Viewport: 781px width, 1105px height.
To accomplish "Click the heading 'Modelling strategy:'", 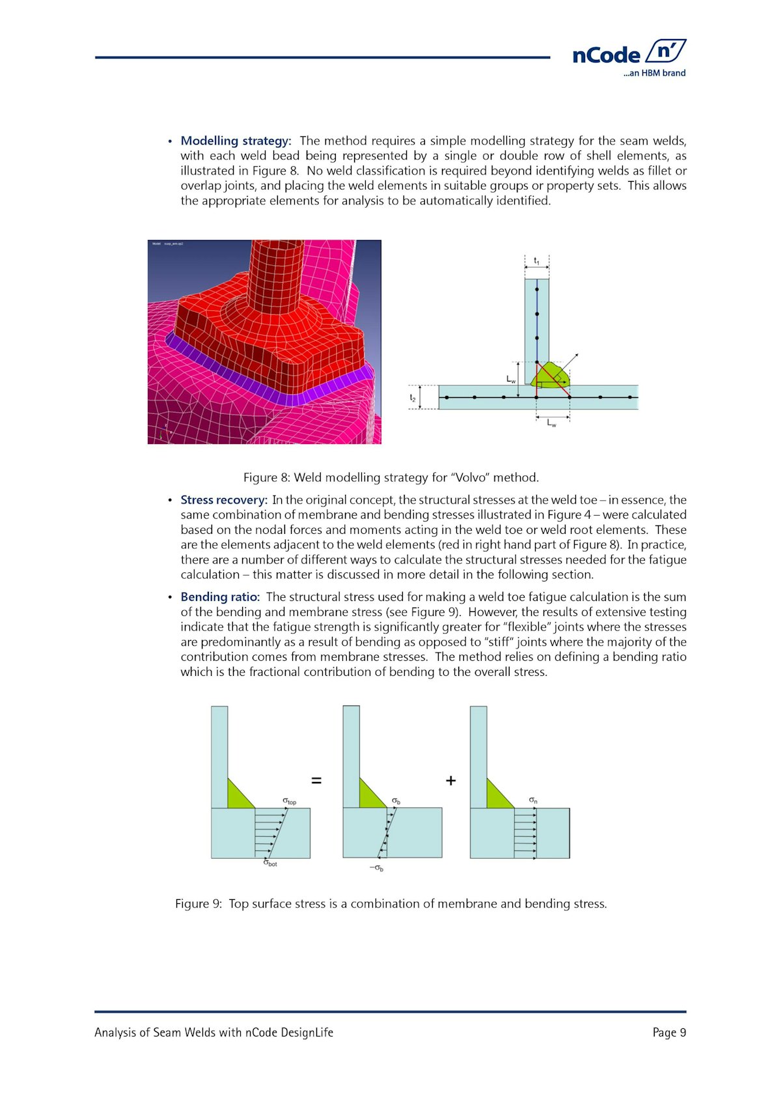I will (236, 141).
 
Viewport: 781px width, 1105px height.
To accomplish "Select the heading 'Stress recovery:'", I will (224, 500).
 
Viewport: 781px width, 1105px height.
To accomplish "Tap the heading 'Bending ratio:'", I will (220, 597).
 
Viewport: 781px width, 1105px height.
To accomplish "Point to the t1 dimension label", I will (537, 261).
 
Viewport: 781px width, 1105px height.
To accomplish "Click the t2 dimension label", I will (413, 397).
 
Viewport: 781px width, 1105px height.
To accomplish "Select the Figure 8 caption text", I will (390, 477).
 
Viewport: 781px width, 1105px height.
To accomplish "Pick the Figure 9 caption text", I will (390, 904).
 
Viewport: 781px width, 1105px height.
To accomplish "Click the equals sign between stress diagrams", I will (316, 780).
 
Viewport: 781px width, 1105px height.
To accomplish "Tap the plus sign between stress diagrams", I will (450, 780).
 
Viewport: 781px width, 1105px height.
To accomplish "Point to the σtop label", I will (289, 801).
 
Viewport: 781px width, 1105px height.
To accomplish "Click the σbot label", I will (270, 863).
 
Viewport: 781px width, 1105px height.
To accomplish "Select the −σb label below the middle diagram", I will (376, 868).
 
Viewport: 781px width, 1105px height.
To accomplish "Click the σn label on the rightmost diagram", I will (533, 800).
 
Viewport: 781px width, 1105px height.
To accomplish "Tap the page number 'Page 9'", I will (669, 1033).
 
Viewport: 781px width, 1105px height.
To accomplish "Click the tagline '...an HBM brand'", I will (654, 73).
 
